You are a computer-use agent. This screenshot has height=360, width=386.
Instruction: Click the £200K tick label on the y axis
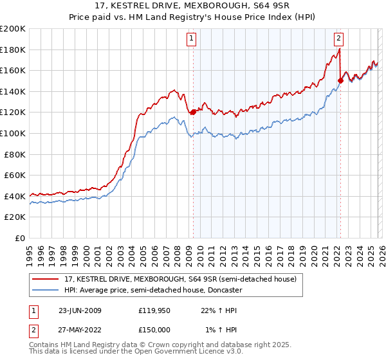point(13,29)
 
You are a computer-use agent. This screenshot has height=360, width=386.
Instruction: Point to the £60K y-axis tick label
point(15,175)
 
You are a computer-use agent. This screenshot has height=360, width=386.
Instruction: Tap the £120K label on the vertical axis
point(13,113)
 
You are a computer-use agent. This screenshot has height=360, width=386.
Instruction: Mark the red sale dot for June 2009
point(193,113)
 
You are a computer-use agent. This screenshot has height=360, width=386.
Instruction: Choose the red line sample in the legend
point(46,279)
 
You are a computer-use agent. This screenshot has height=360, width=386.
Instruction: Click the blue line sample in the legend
point(46,290)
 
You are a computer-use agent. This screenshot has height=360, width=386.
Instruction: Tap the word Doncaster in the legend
point(224,290)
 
